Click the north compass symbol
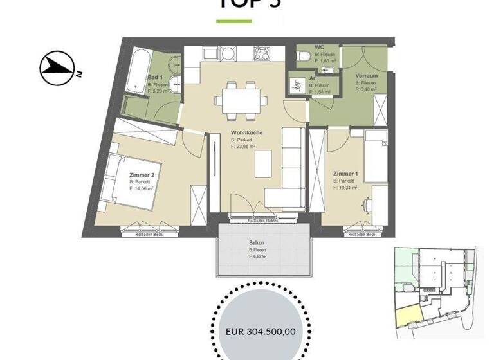[55, 67]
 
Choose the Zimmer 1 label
[345, 174]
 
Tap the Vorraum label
[366, 75]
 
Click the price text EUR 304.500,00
[261, 332]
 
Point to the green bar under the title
[234, 21]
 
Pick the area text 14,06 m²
[142, 189]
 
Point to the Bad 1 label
[156, 76]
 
